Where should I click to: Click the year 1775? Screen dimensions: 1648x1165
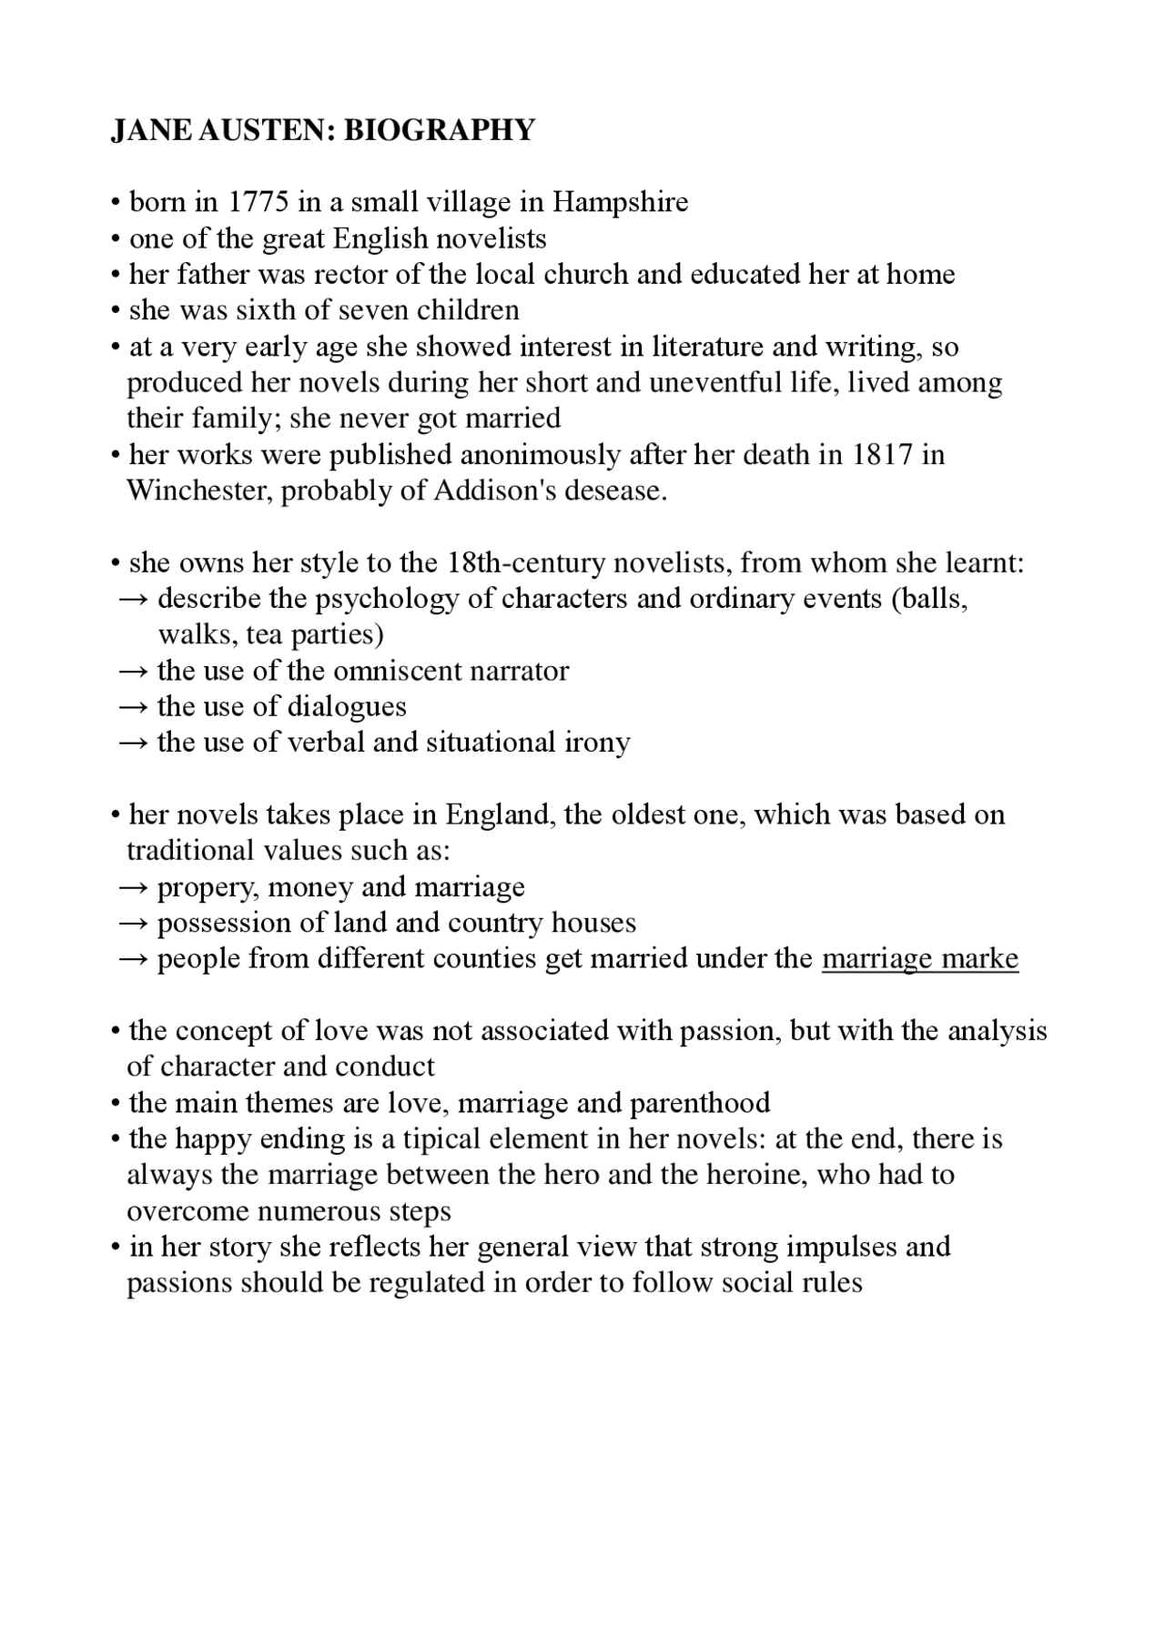[258, 202]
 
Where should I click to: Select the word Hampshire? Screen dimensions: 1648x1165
[620, 202]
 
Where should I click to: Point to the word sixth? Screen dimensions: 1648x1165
[267, 310]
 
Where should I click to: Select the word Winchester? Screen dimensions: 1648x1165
[199, 490]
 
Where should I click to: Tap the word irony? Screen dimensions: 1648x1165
[596, 743]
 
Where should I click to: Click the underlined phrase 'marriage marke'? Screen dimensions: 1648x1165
[919, 959]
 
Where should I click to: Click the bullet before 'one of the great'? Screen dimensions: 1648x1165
[116, 239]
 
